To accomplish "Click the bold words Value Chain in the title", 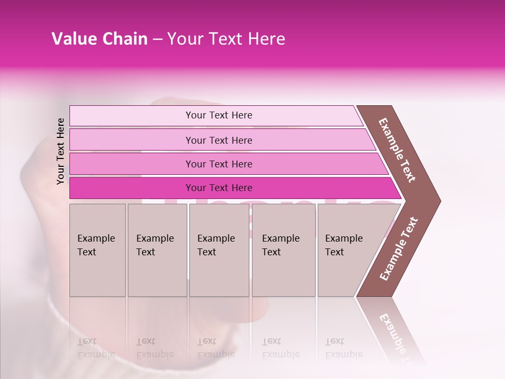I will click(99, 39).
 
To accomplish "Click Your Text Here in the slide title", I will click(226, 39).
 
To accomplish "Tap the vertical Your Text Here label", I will click(60, 151).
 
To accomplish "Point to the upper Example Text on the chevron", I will click(397, 150).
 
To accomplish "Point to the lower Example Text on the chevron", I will click(399, 248).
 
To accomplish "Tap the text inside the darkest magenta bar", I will click(219, 188).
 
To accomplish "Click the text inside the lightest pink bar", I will click(219, 115).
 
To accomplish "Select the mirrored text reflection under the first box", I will click(96, 348).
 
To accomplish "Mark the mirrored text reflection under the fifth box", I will click(344, 348).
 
